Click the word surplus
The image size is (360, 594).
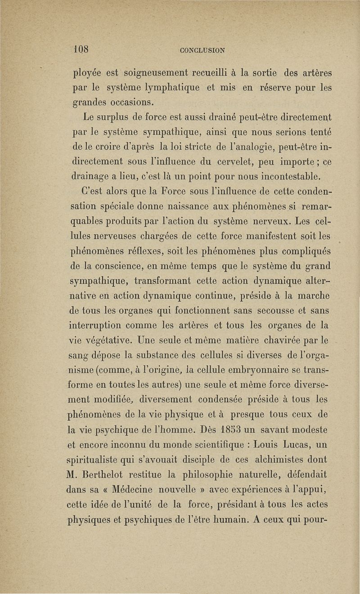119,119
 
